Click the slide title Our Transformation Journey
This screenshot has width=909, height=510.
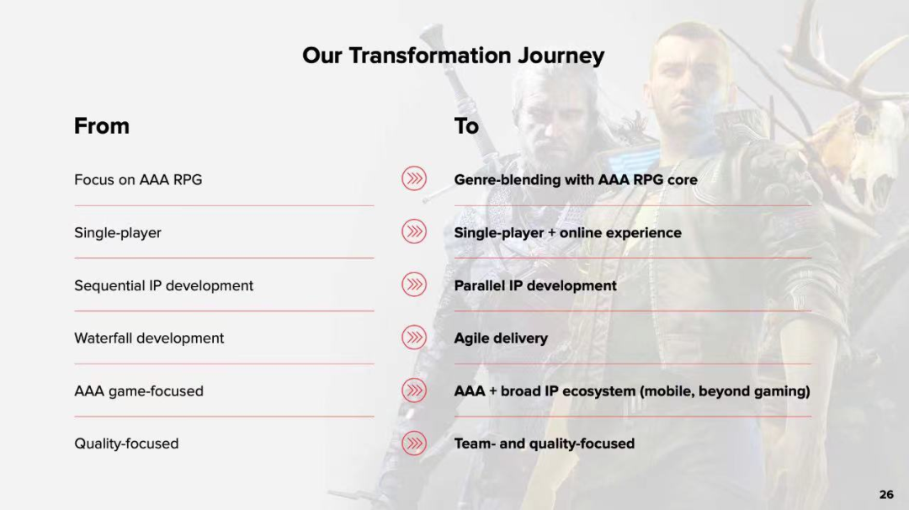(453, 56)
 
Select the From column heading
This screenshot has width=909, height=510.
(102, 125)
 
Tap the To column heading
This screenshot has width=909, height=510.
(466, 125)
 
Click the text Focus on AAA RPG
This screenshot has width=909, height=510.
(138, 179)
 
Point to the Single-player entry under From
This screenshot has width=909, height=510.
(118, 233)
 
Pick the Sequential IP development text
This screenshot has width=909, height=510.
(163, 285)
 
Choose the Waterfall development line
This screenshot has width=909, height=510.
(149, 338)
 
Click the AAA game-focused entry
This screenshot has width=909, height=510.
(139, 391)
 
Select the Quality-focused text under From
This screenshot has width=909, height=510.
(126, 444)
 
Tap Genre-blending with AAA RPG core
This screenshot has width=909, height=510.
(576, 179)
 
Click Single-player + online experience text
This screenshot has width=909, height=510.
(567, 233)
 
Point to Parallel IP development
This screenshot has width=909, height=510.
(535, 285)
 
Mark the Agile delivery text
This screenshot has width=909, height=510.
(501, 338)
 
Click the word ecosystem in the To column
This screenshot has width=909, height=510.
(599, 392)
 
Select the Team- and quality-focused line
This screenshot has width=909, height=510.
(545, 444)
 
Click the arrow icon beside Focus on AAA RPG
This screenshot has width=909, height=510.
(414, 178)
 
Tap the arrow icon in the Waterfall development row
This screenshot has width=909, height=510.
(414, 337)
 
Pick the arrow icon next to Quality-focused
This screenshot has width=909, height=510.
(414, 444)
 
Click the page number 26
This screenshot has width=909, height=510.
(886, 494)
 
